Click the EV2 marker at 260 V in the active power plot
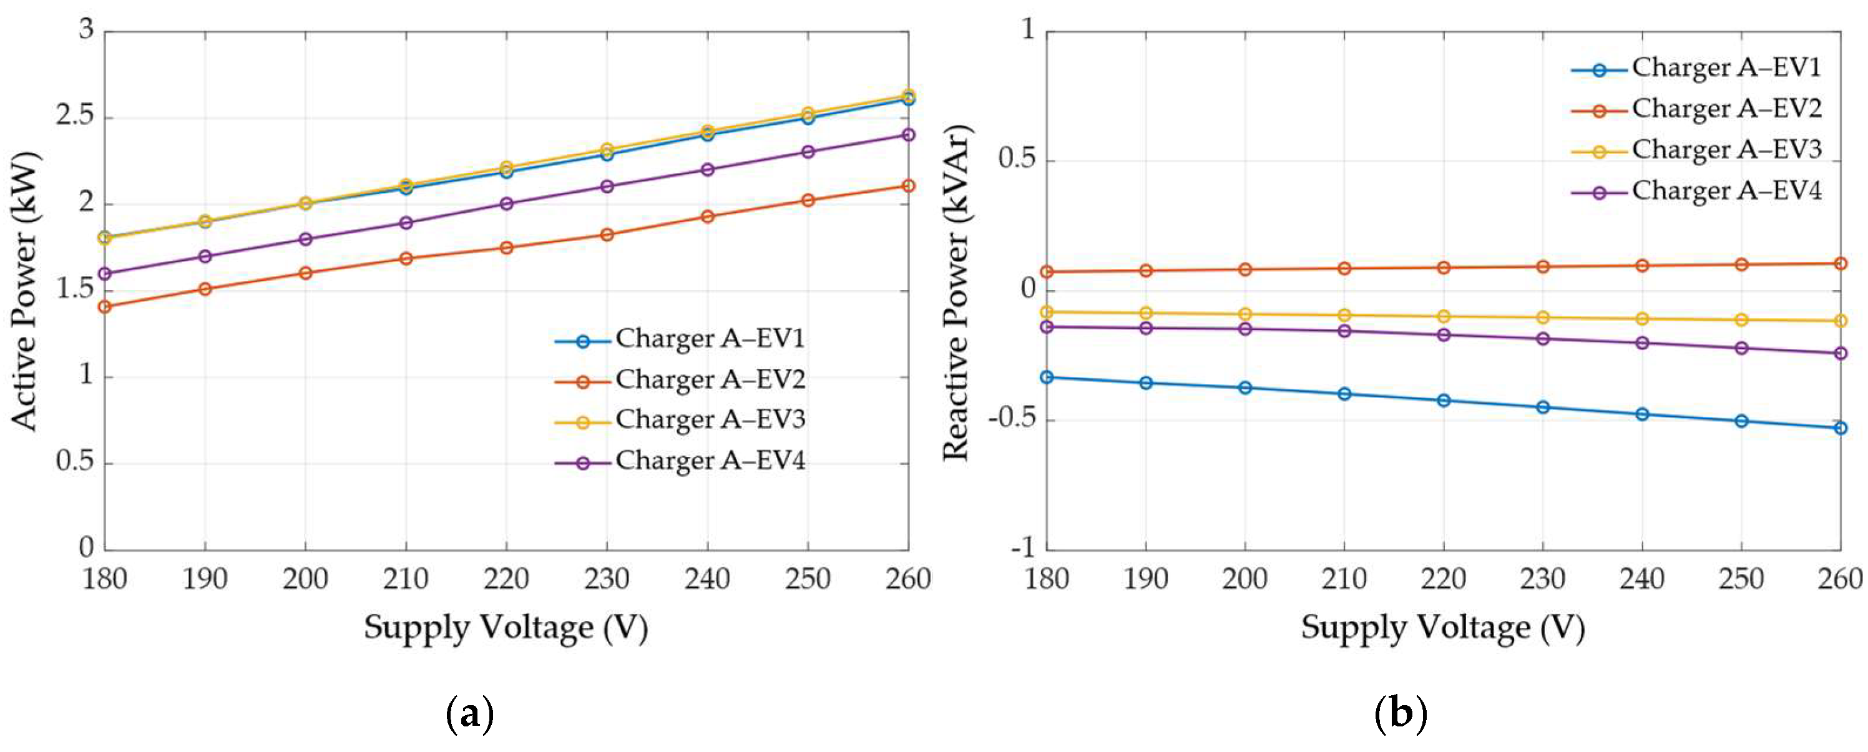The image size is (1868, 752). pyautogui.click(x=908, y=185)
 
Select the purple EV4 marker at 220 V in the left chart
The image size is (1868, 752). pyautogui.click(x=506, y=204)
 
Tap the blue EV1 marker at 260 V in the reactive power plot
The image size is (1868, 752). pyautogui.click(x=1840, y=428)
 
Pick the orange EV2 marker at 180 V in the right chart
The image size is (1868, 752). pyautogui.click(x=1047, y=272)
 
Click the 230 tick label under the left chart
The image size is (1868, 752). pyautogui.click(x=606, y=579)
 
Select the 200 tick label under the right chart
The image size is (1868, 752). pyautogui.click(x=1245, y=579)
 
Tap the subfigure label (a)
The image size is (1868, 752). pyautogui.click(x=470, y=715)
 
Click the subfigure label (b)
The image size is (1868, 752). pyautogui.click(x=1401, y=715)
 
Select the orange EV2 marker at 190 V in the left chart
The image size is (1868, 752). pyautogui.click(x=205, y=288)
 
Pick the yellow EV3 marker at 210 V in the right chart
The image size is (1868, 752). pyautogui.click(x=1344, y=315)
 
